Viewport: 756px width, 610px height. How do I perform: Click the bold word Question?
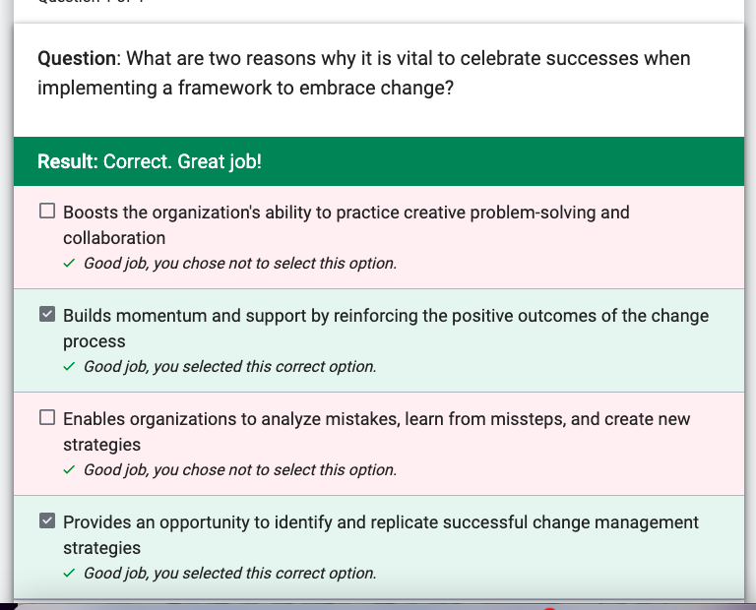77,59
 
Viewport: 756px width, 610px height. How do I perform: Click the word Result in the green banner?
68,161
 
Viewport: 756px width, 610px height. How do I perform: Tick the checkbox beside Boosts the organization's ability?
47,212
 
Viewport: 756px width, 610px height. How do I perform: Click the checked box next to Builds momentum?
47,314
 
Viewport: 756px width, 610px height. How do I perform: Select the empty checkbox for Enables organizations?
47,417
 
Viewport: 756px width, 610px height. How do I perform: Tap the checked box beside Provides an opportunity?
47,520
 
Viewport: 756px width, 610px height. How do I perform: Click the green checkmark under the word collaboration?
69,263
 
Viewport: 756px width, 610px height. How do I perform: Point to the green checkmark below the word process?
69,366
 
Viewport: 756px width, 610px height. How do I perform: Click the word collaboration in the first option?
114,238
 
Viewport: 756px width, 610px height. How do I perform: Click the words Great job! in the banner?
220,162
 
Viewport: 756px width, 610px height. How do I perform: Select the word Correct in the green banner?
138,161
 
